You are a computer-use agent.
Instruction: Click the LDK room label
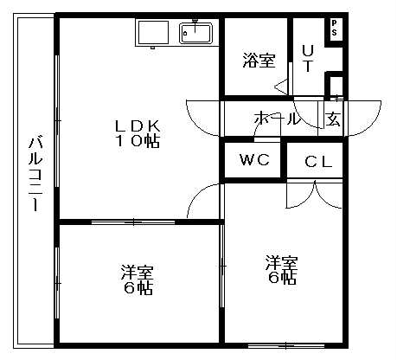pos(138,125)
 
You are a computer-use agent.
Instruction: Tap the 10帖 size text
pos(138,141)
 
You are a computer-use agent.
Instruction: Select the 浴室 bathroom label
pos(259,61)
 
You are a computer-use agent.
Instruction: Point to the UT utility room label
pos(308,58)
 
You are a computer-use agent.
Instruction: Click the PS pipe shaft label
pos(334,28)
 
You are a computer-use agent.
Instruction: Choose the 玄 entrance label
pos(333,119)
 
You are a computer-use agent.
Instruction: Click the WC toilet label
pos(255,159)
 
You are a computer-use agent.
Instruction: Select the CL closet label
pos(318,162)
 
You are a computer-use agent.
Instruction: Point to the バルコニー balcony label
pos(35,174)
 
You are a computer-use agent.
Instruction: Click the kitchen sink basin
pos(195,33)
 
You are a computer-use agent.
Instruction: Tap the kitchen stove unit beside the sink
pos(153,32)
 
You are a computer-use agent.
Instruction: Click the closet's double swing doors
pos(315,194)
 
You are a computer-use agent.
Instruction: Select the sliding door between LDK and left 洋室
pos(133,222)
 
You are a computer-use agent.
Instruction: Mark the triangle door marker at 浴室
pos(281,87)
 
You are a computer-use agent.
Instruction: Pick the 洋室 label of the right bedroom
pos(282,262)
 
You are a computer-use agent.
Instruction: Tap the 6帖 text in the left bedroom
pos(138,287)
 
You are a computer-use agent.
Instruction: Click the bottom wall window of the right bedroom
pos(286,345)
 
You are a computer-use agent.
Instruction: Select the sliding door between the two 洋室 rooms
pos(222,266)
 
